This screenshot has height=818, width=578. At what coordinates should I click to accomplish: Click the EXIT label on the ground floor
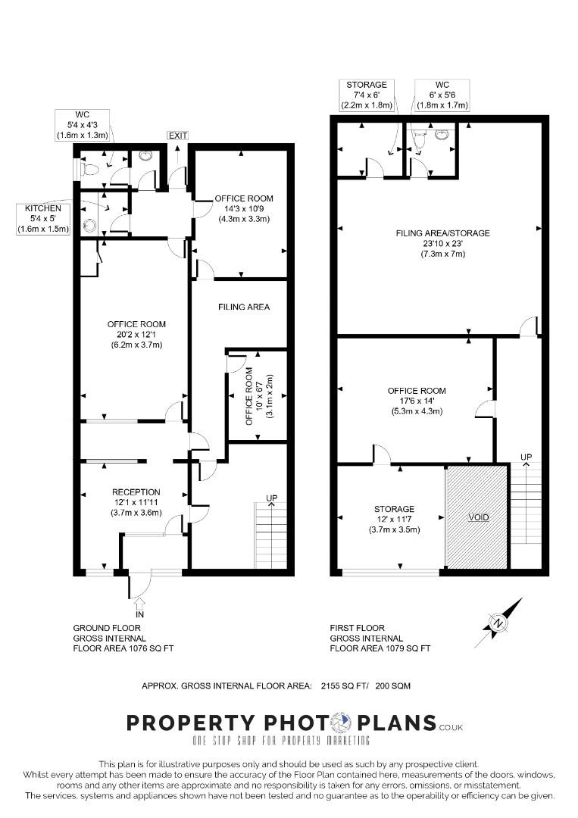click(178, 136)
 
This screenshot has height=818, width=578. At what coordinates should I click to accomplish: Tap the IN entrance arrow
click(139, 604)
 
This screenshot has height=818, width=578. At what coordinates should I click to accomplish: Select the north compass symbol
click(499, 623)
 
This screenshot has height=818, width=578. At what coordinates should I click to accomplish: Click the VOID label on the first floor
click(478, 517)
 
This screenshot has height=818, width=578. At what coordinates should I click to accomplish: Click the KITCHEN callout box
click(43, 219)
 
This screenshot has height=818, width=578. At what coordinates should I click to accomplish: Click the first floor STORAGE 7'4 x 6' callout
click(367, 95)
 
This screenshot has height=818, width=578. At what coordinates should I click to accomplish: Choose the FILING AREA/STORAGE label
click(443, 233)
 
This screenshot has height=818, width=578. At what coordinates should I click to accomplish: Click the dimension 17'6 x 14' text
click(417, 401)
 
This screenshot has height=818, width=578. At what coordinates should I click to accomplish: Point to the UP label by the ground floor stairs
click(272, 498)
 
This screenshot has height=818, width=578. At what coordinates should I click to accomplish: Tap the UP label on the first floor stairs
click(526, 457)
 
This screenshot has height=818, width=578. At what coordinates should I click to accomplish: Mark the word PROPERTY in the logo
click(191, 723)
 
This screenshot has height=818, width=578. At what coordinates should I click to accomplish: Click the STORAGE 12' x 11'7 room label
click(395, 519)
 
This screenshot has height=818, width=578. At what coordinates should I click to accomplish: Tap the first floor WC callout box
click(442, 95)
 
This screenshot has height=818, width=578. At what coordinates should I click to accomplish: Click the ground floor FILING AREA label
click(244, 307)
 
